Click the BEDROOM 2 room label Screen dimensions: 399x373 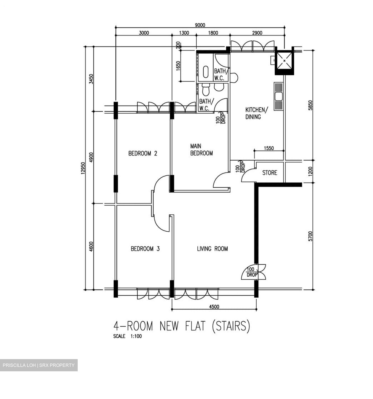(x=143, y=153)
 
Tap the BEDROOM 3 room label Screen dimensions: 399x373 (x=145, y=249)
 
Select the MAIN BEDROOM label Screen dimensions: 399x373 (x=201, y=150)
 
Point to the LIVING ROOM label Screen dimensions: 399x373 (x=212, y=249)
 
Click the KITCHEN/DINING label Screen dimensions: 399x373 (x=256, y=113)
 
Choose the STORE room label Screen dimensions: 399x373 (x=270, y=173)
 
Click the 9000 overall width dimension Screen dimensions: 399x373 (x=200, y=25)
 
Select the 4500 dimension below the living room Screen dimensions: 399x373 (x=214, y=306)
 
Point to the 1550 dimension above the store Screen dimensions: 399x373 (x=269, y=148)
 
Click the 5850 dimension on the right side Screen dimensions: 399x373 (x=310, y=105)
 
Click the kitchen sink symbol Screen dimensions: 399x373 (x=278, y=96)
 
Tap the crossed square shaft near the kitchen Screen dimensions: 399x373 (x=284, y=60)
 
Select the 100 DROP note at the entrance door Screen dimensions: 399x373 (x=251, y=272)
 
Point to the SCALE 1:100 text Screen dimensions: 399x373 (x=127, y=336)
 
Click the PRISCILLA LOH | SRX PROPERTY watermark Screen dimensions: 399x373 (x=39, y=365)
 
